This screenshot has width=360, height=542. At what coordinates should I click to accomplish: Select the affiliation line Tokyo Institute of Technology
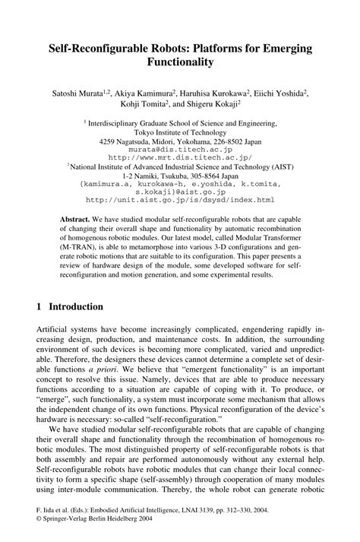(180, 131)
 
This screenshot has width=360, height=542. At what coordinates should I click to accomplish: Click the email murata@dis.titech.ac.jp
(180, 149)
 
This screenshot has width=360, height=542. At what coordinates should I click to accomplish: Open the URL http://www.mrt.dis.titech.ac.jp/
(180, 157)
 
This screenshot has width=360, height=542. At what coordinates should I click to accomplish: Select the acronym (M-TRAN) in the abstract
(80, 246)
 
